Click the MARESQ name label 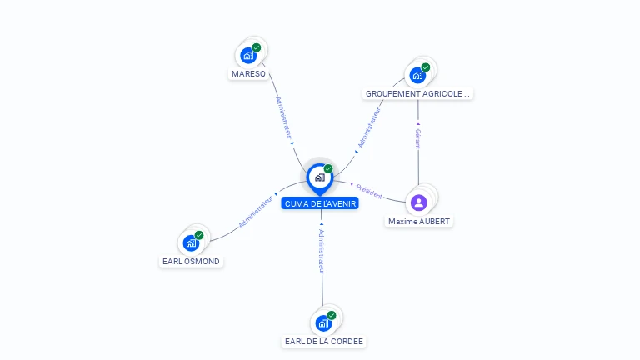[248, 73]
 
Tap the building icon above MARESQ [247, 56]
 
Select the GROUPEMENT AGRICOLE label [418, 93]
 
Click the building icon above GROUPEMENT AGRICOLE [417, 75]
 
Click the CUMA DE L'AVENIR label [320, 203]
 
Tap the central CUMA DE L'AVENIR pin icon [319, 177]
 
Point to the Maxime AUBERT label [419, 221]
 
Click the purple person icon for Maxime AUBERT [419, 202]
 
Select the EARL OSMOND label [192, 261]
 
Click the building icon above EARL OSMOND [191, 243]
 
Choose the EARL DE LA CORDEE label [324, 341]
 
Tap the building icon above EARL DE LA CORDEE [323, 322]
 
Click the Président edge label [369, 191]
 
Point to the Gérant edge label [418, 138]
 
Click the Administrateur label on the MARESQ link [284, 117]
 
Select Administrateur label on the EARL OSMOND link [256, 212]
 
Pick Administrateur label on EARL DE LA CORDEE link [322, 251]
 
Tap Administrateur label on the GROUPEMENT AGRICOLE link [368, 127]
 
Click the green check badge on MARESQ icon [257, 47]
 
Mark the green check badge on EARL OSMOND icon [199, 235]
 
